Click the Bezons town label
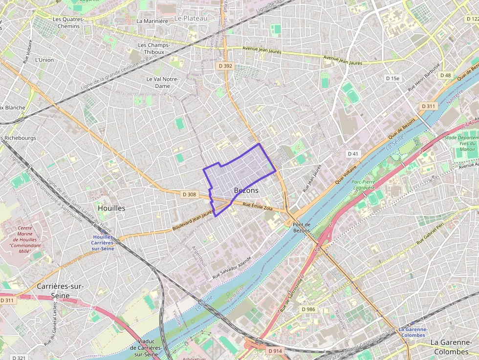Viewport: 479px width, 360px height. (246, 190)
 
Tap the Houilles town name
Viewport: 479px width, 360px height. (111, 208)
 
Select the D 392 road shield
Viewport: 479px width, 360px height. (224, 65)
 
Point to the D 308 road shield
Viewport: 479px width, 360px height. (189, 194)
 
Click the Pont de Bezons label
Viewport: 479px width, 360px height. (302, 227)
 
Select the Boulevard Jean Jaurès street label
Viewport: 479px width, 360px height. (194, 221)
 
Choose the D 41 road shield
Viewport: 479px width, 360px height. (353, 153)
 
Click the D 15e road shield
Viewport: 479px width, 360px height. (392, 78)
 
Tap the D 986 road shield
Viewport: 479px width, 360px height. (308, 309)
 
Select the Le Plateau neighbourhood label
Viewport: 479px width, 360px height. (191, 18)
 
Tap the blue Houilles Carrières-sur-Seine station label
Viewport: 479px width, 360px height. (103, 243)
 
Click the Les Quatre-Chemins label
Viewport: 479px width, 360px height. (65, 22)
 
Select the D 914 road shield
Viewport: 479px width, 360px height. (275, 351)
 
